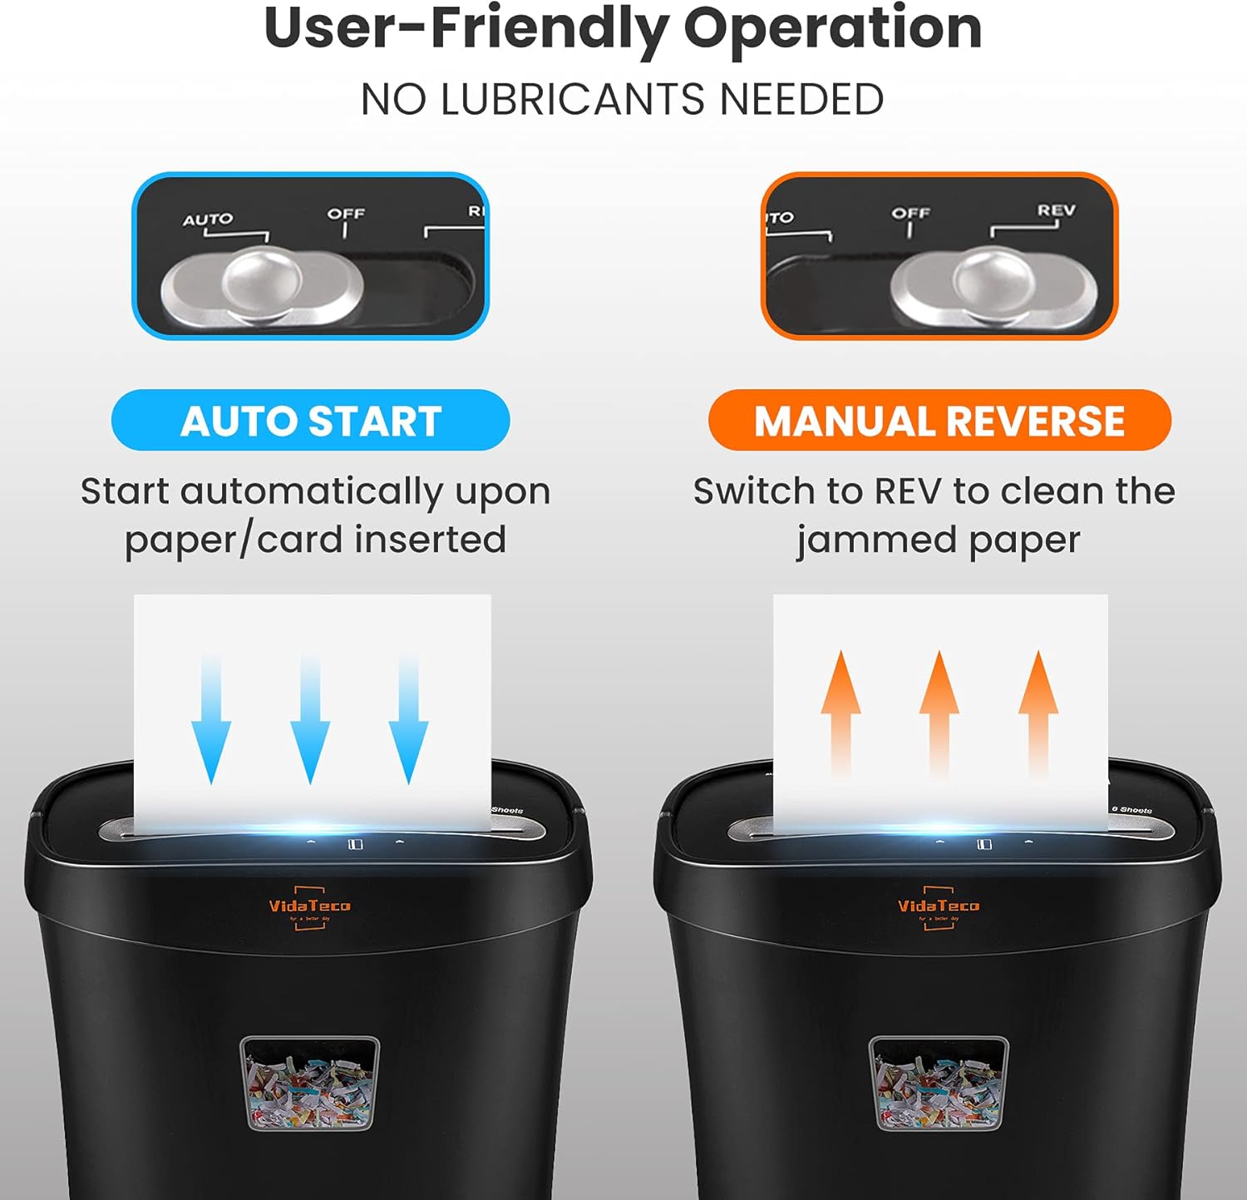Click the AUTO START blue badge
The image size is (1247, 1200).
310,421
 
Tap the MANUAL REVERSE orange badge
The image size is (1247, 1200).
939,421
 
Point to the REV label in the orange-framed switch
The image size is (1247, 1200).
1056,210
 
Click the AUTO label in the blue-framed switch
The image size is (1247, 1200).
208,220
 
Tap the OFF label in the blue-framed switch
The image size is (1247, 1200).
346,214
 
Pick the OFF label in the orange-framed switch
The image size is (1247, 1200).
910,213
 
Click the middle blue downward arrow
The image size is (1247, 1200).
310,719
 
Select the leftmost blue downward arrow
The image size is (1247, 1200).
211,719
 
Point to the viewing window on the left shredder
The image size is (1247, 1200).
309,1082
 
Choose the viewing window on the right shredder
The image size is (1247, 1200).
939,1082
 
